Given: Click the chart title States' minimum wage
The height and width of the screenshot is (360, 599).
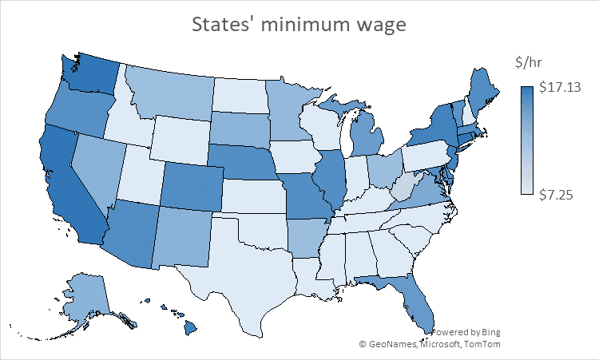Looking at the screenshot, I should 299,25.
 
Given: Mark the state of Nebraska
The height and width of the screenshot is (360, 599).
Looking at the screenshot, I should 240,160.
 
